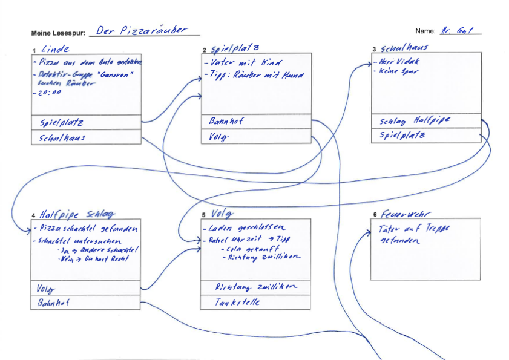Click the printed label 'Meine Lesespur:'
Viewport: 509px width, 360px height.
pyautogui.click(x=58, y=33)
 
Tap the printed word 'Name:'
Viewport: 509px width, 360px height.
pyautogui.click(x=425, y=31)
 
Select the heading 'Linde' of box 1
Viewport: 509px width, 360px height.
pyautogui.click(x=55, y=49)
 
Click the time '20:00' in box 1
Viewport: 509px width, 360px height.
pyautogui.click(x=49, y=93)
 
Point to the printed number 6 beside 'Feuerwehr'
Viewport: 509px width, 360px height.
pyautogui.click(x=375, y=215)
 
